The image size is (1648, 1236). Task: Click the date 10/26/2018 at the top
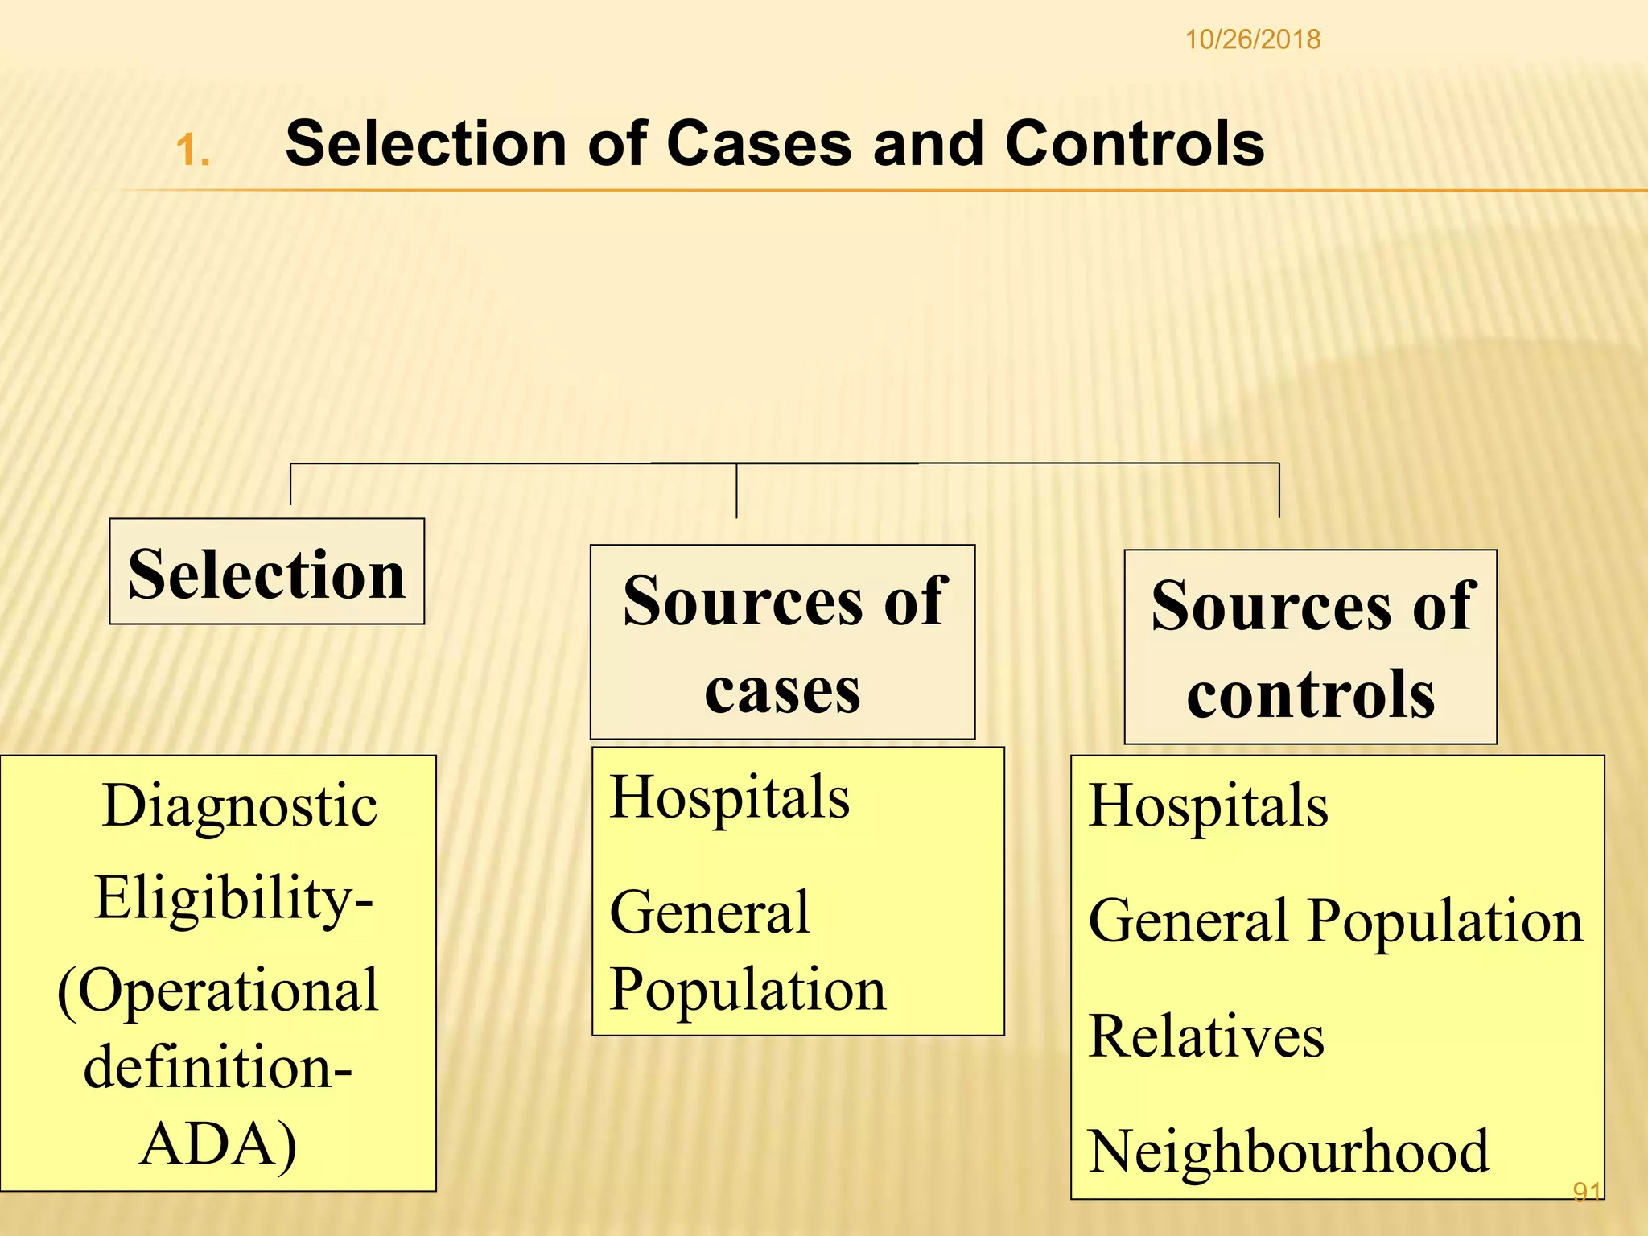(1252, 39)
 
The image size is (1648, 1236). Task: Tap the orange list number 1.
(192, 150)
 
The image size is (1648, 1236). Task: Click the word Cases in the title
(758, 143)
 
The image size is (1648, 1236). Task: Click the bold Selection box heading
(266, 574)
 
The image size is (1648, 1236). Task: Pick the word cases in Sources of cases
(782, 690)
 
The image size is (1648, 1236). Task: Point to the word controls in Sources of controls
(1310, 694)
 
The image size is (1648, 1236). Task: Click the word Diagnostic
(240, 805)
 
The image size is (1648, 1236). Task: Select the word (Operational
(218, 990)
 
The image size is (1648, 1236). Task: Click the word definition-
(218, 1067)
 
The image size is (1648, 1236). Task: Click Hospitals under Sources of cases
(729, 797)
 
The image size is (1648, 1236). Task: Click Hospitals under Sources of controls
(1208, 805)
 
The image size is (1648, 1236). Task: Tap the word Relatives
(1205, 1036)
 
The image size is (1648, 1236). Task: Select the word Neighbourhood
(1288, 1152)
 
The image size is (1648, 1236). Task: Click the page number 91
(1586, 1192)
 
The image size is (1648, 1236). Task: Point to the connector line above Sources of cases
(736, 491)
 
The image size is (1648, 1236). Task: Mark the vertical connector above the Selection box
(290, 484)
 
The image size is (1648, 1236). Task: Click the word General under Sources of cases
(709, 913)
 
